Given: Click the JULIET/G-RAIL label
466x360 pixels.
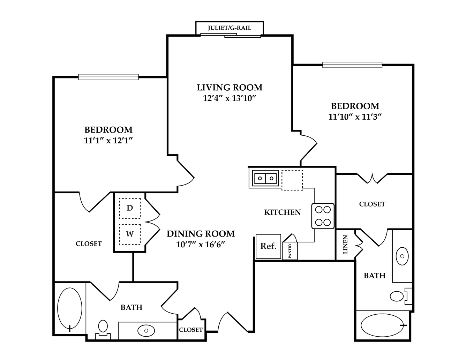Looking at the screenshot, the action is click(x=230, y=28).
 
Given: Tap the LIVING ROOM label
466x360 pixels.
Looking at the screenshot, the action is click(x=230, y=88).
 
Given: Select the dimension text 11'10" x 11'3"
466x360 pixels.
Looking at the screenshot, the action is click(x=355, y=117).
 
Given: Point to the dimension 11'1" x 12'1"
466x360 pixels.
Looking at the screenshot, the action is click(x=108, y=141).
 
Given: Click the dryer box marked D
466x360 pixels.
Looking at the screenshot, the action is click(x=130, y=208).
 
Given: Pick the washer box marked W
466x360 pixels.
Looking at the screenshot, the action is click(x=130, y=234).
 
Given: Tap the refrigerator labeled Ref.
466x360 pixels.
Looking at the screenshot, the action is click(x=268, y=246).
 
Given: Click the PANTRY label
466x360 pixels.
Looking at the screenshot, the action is click(x=290, y=251).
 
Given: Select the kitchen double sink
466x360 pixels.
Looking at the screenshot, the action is click(x=265, y=178).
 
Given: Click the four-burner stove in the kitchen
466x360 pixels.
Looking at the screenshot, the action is click(x=323, y=216).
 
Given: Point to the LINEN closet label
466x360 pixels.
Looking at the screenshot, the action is click(x=345, y=245).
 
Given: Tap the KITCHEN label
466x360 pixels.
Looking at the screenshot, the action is click(x=283, y=212).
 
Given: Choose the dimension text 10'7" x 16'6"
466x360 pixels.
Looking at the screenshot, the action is click(x=201, y=245).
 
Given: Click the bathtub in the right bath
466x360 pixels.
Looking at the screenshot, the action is click(x=382, y=325).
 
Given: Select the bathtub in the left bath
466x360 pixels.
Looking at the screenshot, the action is click(x=70, y=309).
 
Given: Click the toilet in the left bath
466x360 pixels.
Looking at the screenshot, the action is click(x=103, y=330).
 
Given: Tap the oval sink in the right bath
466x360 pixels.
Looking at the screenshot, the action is click(x=402, y=256).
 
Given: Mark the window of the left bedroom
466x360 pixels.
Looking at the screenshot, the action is click(x=108, y=77).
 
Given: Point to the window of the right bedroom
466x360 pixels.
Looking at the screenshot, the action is click(x=352, y=65).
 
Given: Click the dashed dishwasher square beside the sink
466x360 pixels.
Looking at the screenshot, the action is click(x=292, y=180).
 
